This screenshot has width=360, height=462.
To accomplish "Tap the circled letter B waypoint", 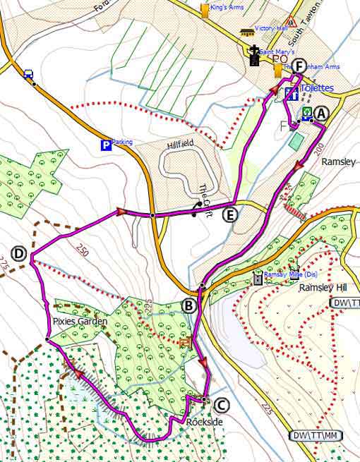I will click(188, 305).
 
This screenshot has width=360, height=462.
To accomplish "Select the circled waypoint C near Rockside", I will click(221, 405).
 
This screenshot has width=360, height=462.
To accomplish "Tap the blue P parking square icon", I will click(106, 145).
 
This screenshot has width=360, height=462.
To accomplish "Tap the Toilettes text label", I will click(316, 90).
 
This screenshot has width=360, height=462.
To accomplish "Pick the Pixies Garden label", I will click(79, 321).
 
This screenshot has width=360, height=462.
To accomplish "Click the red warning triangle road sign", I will click(292, 22).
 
